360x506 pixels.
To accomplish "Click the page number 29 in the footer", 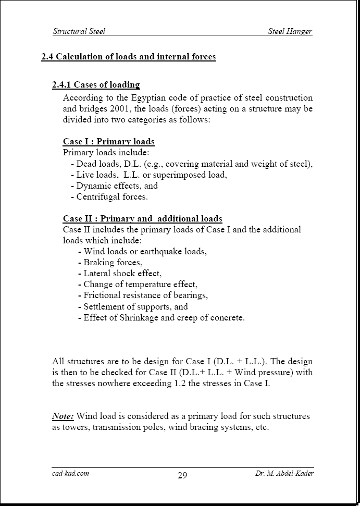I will click(182, 475).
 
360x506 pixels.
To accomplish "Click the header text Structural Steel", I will click(79, 31).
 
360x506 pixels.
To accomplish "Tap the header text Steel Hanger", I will click(290, 31).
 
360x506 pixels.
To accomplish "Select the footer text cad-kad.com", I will click(70, 474).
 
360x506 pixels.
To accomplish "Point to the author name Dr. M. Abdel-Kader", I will click(283, 474).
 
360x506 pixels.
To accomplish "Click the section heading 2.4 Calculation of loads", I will click(129, 57).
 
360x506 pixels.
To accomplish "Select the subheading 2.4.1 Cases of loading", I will click(96, 85).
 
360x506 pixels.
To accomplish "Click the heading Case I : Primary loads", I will click(108, 142).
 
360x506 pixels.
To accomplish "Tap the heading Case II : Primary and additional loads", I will click(142, 219).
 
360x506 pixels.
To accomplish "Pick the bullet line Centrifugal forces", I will click(112, 197).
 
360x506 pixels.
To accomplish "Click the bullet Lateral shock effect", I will click(122, 274).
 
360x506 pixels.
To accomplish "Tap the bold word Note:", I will click(63, 416).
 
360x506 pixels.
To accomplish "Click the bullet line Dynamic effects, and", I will click(117, 186).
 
